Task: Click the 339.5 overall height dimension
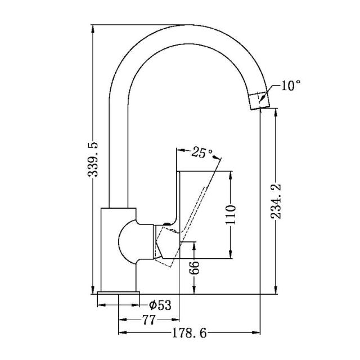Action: [x=93, y=160]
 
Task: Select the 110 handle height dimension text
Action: [x=230, y=214]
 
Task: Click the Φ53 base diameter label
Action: [x=160, y=305]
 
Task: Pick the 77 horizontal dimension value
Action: [x=148, y=320]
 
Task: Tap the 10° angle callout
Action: [x=290, y=85]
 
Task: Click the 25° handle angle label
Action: [x=202, y=152]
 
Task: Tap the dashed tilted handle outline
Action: [x=200, y=197]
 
